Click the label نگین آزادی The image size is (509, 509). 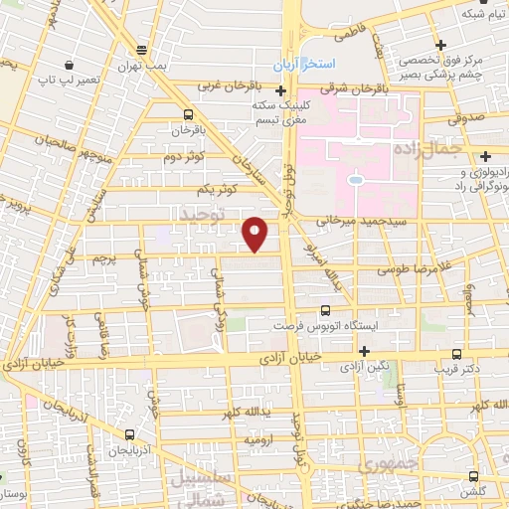pos(366,367)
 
